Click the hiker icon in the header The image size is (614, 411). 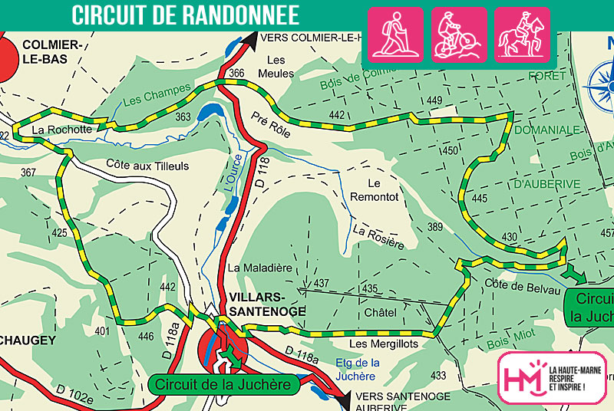click(396, 35)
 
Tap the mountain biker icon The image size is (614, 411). click(459, 35)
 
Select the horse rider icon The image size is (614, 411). click(522, 35)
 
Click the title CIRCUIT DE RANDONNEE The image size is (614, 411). click(186, 14)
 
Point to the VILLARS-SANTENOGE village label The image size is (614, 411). click(266, 304)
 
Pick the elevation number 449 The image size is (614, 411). click(435, 101)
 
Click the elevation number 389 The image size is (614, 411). click(435, 227)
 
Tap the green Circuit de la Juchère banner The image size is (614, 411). click(223, 384)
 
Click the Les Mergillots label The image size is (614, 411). click(384, 344)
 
